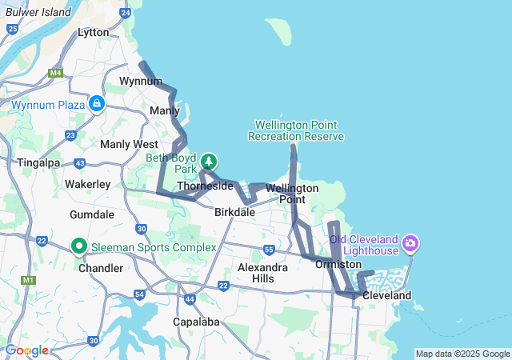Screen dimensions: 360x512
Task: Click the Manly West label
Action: click(129, 144)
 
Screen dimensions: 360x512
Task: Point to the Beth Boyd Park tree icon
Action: click(209, 161)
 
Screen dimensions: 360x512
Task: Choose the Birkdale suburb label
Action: click(234, 213)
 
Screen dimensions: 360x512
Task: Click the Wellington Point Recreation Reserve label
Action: click(296, 131)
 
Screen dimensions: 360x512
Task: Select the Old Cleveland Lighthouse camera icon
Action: click(410, 242)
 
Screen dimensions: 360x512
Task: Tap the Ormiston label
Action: click(338, 264)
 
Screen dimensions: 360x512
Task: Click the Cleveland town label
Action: click(386, 295)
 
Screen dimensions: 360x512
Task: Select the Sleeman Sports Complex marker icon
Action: click(79, 246)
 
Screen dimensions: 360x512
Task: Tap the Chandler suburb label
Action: click(101, 268)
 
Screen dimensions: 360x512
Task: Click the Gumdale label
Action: click(92, 215)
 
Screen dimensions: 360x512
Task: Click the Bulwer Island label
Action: click(38, 13)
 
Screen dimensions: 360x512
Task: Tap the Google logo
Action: click(26, 350)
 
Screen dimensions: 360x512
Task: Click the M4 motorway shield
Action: click(55, 74)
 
